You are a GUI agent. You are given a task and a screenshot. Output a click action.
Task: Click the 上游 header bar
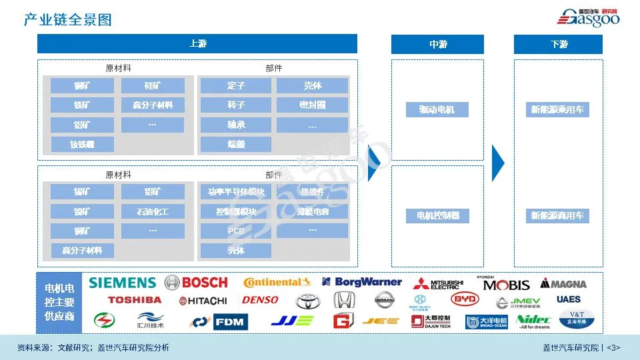(x=197, y=44)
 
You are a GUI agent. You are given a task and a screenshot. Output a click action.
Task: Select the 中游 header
(x=437, y=44)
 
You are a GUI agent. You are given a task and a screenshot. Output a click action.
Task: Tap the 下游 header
(x=558, y=44)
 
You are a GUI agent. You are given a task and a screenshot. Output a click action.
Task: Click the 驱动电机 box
(x=437, y=109)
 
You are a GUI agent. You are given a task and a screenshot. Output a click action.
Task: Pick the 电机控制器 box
(x=437, y=216)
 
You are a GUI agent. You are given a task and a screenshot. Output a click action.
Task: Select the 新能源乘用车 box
(x=558, y=109)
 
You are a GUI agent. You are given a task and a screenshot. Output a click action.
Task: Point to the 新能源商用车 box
(x=558, y=216)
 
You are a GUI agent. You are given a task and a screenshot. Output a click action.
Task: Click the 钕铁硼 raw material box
(x=82, y=144)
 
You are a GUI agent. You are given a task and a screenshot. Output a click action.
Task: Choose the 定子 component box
(x=236, y=86)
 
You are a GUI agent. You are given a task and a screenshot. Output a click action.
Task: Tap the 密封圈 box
(x=312, y=105)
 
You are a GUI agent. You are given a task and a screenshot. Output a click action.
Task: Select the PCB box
(x=236, y=231)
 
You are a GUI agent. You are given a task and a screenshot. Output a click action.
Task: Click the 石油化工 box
(x=153, y=212)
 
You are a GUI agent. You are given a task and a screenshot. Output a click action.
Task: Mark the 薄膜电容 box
(x=312, y=212)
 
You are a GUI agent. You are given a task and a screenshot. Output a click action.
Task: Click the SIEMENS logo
(x=122, y=283)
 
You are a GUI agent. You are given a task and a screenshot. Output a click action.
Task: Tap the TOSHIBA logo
(x=134, y=301)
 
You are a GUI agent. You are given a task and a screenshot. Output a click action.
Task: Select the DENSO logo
(x=260, y=301)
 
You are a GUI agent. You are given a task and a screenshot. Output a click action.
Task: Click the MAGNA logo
(x=564, y=284)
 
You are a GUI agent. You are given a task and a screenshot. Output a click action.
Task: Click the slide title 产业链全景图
(x=68, y=19)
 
